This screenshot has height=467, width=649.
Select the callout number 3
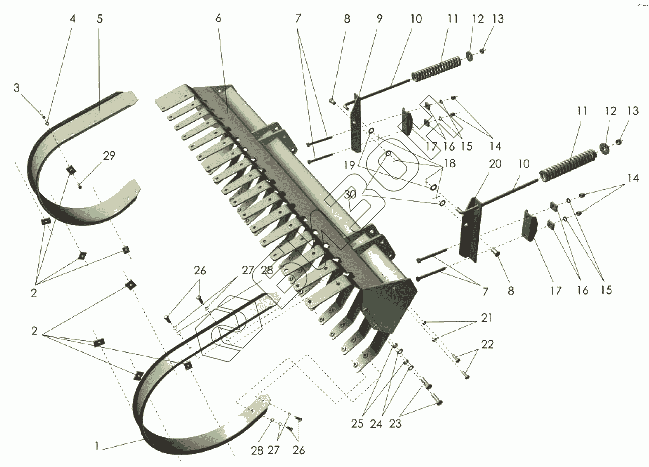(17, 88)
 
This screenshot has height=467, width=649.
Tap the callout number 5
(99, 19)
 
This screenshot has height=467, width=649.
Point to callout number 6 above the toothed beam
(218, 19)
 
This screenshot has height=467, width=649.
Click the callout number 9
(379, 19)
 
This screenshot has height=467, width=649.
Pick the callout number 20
(495, 164)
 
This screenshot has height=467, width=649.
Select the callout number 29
(109, 156)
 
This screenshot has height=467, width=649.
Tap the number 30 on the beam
(350, 194)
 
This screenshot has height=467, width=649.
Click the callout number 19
(349, 165)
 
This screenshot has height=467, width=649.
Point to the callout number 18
(450, 163)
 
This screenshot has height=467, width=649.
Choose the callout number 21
(487, 317)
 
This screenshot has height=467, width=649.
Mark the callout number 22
(487, 344)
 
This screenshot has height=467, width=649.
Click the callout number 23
(395, 424)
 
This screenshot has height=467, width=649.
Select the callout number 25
(357, 424)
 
